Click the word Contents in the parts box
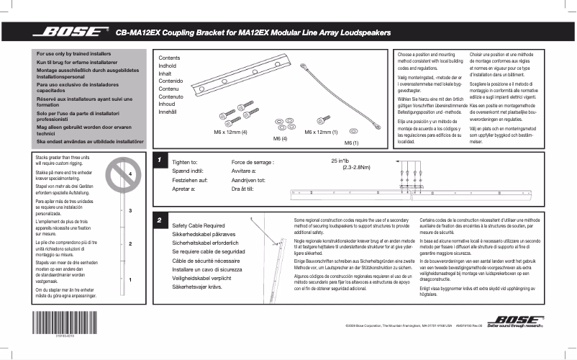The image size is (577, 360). click(x=169, y=58)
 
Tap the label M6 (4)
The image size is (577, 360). click(x=280, y=138)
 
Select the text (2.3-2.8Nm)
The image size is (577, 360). click(x=356, y=167)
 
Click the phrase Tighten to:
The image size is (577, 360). click(x=185, y=163)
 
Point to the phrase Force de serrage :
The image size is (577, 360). click(x=253, y=163)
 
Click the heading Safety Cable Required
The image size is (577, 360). click(x=199, y=226)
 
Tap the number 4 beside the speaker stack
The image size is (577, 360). click(x=130, y=174)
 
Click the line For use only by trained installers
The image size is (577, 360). click(x=74, y=54)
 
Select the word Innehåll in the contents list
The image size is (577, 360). click(x=168, y=112)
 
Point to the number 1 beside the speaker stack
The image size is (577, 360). click(x=130, y=279)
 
